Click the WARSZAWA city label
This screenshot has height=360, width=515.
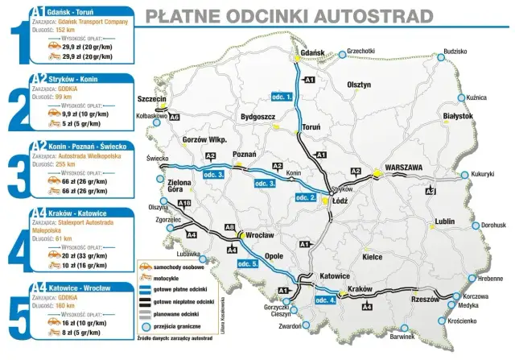(410, 168)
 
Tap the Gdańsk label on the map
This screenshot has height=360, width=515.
(311, 53)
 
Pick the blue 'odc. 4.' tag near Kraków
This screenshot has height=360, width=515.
(321, 300)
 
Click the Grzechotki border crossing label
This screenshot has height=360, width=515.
(361, 52)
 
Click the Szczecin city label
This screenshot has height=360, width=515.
(152, 99)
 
